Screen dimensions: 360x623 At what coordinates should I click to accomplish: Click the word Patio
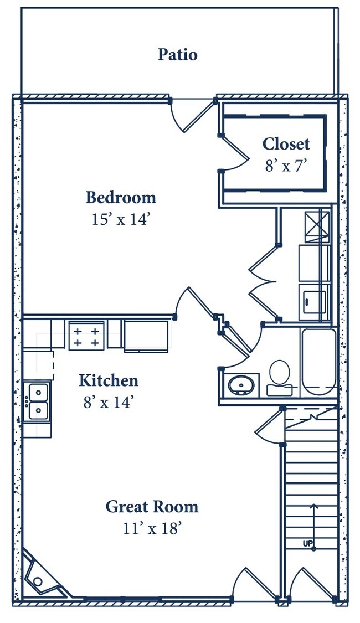(177, 54)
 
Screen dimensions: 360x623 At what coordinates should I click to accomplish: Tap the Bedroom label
(121, 198)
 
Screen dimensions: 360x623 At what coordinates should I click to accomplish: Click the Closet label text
(286, 144)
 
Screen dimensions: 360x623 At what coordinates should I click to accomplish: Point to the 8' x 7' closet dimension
(286, 165)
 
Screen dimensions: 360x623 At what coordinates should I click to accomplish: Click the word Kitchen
(109, 380)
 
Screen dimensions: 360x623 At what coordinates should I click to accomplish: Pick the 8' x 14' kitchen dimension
(108, 402)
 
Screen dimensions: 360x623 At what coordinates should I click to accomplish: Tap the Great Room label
(152, 507)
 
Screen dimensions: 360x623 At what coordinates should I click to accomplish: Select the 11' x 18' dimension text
(152, 528)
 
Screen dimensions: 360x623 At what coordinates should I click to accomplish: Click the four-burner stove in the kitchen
(86, 336)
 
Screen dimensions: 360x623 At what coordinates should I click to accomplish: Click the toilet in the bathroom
(279, 378)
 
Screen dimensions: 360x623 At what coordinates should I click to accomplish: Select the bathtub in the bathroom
(318, 362)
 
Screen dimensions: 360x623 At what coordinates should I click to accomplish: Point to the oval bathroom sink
(241, 385)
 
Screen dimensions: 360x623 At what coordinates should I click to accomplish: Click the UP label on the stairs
(308, 544)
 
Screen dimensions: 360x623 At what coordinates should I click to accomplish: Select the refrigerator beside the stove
(146, 336)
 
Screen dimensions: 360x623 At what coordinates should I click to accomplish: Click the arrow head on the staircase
(314, 507)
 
